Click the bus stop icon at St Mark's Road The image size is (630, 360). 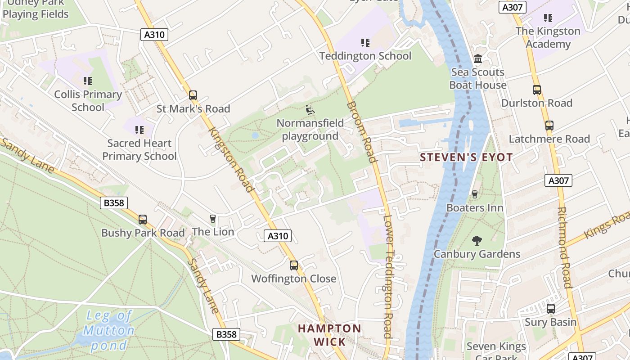point(193,95)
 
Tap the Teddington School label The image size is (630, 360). point(365,56)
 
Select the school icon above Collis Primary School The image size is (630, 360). point(88,81)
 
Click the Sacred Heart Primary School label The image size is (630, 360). point(139,150)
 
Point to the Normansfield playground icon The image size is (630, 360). point(310,109)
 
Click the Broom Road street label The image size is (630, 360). point(361,131)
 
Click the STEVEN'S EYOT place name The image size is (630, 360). point(466,157)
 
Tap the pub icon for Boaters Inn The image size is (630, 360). point(474,194)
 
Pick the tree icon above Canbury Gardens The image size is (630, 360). point(477,241)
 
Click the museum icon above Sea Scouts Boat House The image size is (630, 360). point(478,59)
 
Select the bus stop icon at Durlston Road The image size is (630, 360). point(537,90)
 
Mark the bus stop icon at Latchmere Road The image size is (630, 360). point(549,126)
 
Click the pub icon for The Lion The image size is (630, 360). point(213,219)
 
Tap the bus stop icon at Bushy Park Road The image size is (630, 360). point(143,220)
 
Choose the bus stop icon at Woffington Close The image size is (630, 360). point(294,265)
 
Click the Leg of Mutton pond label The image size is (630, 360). point(109,330)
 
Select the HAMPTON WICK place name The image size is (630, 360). point(329,335)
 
